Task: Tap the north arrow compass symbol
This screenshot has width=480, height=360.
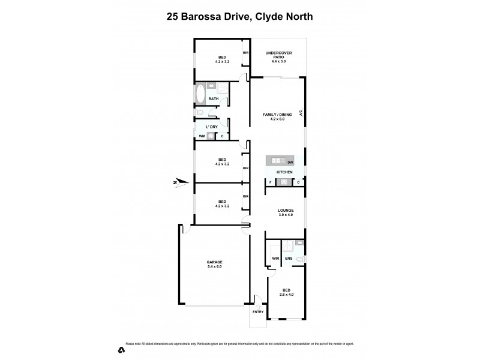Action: tap(181, 182)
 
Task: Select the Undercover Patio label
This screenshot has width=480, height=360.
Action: tap(278, 56)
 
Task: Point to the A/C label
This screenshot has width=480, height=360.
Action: tap(300, 112)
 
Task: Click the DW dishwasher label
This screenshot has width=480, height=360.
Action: tap(290, 162)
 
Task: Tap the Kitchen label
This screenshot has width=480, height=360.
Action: tap(284, 172)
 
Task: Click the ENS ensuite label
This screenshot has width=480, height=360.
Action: tap(289, 259)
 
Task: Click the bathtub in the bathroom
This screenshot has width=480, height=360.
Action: tap(200, 95)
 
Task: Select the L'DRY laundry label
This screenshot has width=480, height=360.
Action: tap(211, 127)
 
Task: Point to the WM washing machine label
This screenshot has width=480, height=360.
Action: tap(202, 136)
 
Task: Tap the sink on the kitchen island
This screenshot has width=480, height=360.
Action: tap(276, 161)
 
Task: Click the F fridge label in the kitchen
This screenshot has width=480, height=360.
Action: tap(270, 182)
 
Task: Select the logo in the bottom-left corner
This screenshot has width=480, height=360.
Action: tap(121, 349)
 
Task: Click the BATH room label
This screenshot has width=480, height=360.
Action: tap(214, 99)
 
